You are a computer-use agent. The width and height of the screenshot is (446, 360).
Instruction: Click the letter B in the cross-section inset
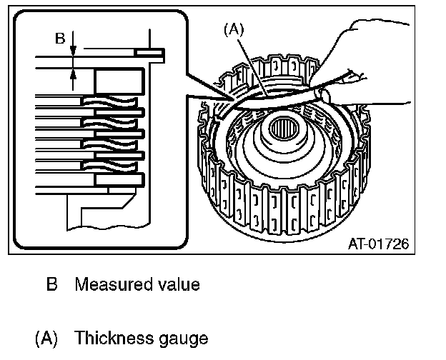(x=60, y=39)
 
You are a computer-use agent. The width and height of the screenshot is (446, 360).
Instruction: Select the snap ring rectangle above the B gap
(x=151, y=53)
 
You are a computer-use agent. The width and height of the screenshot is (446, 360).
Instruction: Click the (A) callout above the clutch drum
(x=234, y=31)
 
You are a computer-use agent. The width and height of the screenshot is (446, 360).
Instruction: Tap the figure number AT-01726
(x=378, y=244)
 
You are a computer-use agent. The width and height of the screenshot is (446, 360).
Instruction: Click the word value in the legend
(x=177, y=284)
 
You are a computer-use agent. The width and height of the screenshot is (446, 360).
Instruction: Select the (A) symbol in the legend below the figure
(x=47, y=337)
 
